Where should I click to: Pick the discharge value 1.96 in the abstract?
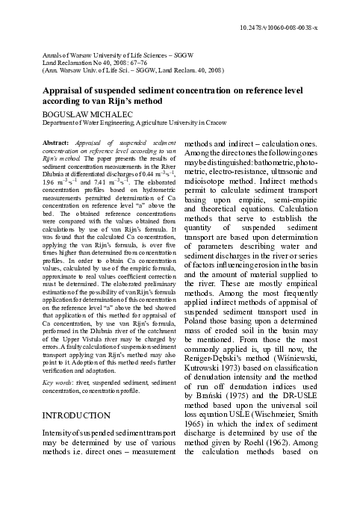50,182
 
